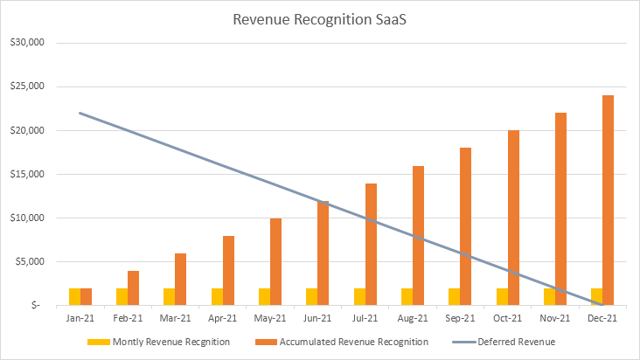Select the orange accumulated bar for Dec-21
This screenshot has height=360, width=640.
click(608, 200)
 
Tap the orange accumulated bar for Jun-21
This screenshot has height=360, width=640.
click(323, 253)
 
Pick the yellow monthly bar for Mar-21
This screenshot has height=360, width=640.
click(169, 296)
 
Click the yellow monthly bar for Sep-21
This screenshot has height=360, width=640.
click(454, 296)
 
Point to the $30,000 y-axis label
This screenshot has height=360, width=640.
click(38, 43)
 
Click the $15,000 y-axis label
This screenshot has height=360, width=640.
click(38, 174)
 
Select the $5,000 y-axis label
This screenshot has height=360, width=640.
click(40, 261)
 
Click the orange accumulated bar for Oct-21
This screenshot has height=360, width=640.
click(513, 218)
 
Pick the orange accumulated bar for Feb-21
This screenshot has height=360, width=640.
click(133, 287)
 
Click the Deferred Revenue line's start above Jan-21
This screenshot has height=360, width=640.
click(80, 113)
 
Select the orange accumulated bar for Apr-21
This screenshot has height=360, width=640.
click(228, 270)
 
